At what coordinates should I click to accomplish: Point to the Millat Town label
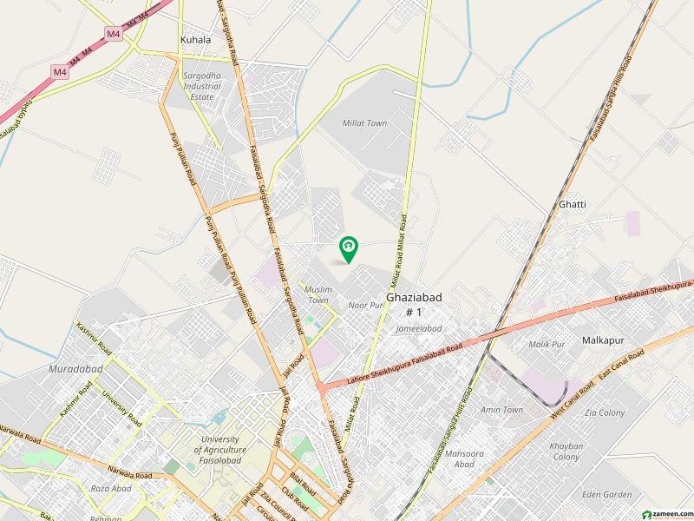click(x=365, y=123)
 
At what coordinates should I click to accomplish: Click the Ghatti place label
click(x=573, y=204)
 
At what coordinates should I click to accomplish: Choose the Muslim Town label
click(x=318, y=294)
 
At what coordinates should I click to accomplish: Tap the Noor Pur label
click(x=365, y=306)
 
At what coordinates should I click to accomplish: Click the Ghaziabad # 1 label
click(x=414, y=304)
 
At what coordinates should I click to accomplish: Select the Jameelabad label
click(x=418, y=329)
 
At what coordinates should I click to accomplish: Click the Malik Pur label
click(x=547, y=345)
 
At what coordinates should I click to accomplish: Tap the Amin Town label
click(x=501, y=410)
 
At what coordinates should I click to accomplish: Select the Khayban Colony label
click(x=566, y=452)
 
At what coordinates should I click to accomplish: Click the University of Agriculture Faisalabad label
click(x=219, y=450)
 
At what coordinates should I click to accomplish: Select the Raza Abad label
click(x=110, y=489)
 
